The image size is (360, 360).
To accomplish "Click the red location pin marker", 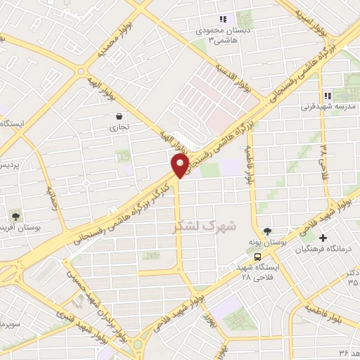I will click(180, 166).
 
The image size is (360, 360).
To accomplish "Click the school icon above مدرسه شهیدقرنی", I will click(327, 96).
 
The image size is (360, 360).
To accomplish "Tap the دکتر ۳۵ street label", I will click(352, 276).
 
